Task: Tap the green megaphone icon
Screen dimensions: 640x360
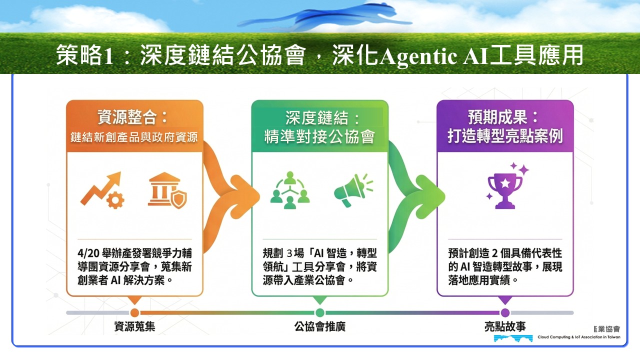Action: coord(353,189)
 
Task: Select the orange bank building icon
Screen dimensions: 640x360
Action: coord(167,190)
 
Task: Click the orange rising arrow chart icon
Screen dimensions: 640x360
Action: coord(102,190)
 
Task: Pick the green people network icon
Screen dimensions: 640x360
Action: coord(290,190)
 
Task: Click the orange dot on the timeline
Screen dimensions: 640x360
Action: coord(134,312)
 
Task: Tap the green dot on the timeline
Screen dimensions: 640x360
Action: coord(319,312)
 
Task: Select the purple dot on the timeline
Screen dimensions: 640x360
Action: coord(505,312)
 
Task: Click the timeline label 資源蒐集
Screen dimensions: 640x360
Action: coord(134,326)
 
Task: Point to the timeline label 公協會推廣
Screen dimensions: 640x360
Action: coord(319,326)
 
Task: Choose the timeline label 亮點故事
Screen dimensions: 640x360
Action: coord(505,326)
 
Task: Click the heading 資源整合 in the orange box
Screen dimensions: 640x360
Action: coord(127,117)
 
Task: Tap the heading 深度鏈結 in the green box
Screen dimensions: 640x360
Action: coord(316,117)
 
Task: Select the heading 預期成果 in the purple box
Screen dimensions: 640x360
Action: coord(497,117)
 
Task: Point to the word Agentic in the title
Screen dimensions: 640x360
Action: coord(418,56)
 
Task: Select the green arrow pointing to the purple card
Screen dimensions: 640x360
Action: coord(415,197)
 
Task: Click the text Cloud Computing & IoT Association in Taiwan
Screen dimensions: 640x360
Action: coord(579,337)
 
